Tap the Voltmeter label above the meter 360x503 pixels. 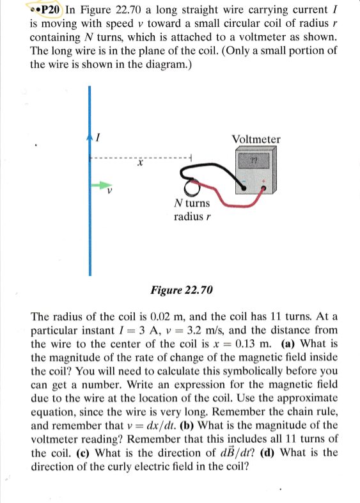tap(256, 139)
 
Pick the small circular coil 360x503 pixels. tap(191, 187)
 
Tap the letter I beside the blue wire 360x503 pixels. tap(98, 137)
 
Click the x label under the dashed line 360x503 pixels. tap(138, 165)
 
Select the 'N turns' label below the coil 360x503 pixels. tap(191, 204)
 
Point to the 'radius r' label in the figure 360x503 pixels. tap(192, 216)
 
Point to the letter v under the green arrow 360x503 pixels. tap(109, 191)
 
